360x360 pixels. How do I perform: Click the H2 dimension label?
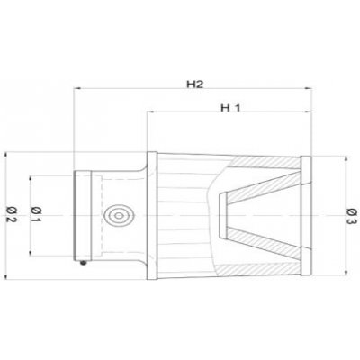[x=195, y=85]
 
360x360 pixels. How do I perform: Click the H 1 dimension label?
[x=230, y=108]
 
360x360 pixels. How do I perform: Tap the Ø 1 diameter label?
[x=36, y=214]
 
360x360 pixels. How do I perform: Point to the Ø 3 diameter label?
[x=352, y=216]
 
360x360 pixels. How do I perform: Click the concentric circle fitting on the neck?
[x=119, y=216]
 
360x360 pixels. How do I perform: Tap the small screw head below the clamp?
[x=83, y=263]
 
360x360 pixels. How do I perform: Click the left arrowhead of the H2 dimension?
[x=77, y=88]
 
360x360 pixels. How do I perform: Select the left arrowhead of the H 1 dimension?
[x=151, y=112]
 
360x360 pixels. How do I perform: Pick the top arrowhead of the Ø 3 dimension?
[x=346, y=160]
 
